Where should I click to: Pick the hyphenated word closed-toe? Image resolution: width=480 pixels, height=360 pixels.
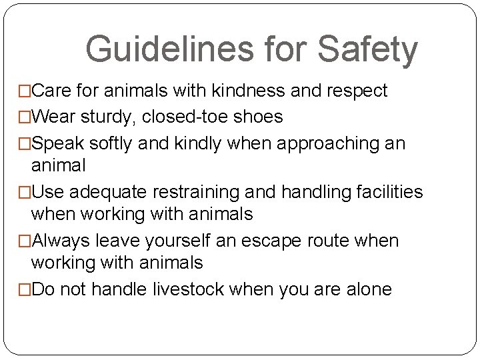click(193, 117)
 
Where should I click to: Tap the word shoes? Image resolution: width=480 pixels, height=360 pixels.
click(260, 117)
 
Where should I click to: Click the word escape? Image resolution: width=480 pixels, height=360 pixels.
click(291, 241)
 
